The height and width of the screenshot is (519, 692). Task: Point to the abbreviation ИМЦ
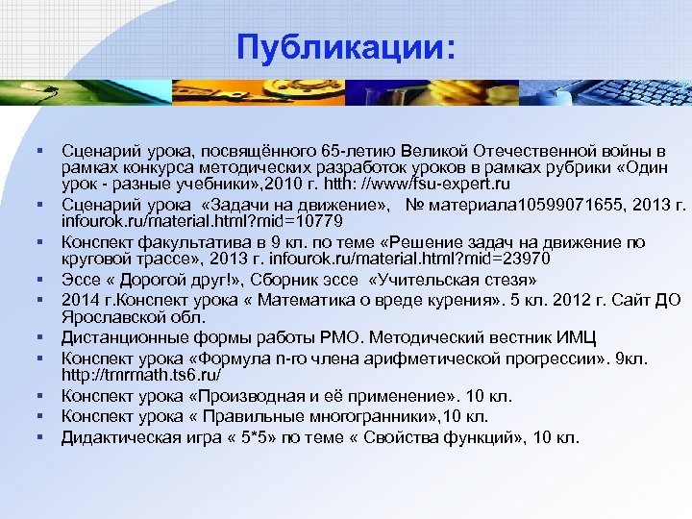[x=578, y=336]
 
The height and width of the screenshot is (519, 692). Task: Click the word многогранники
[x=357, y=416]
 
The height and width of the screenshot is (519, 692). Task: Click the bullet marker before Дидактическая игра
[x=44, y=437]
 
